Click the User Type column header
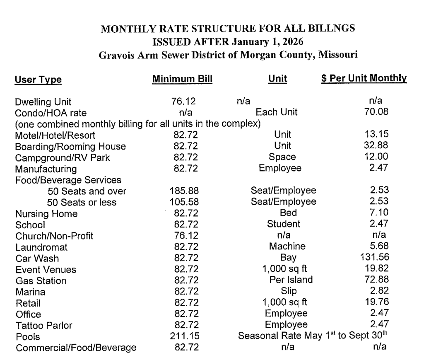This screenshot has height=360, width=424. (38, 80)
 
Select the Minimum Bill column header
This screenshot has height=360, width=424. (182, 79)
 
